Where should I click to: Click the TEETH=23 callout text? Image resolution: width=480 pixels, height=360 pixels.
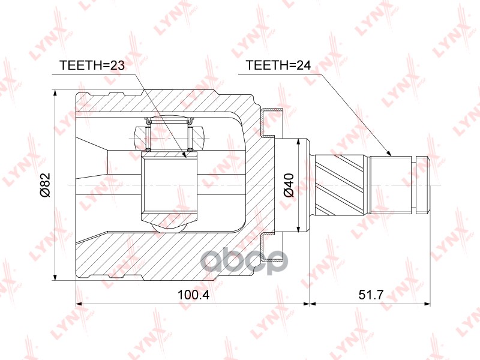coord(92,65)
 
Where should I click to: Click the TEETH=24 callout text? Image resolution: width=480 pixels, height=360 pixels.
coord(278,65)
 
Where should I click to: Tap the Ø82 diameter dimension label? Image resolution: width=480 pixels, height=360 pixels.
coord(45,185)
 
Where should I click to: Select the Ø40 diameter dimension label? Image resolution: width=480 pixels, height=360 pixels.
coord(289,185)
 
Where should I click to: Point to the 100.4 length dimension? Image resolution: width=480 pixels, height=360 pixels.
coord(193,295)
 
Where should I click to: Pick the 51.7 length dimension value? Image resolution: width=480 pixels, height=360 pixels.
coord(371,295)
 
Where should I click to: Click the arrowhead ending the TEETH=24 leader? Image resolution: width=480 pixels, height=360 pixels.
coord(389,154)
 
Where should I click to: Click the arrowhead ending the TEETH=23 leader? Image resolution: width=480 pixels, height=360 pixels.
coord(184,155)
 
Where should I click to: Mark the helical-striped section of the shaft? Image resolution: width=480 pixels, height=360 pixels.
coord(340,185)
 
